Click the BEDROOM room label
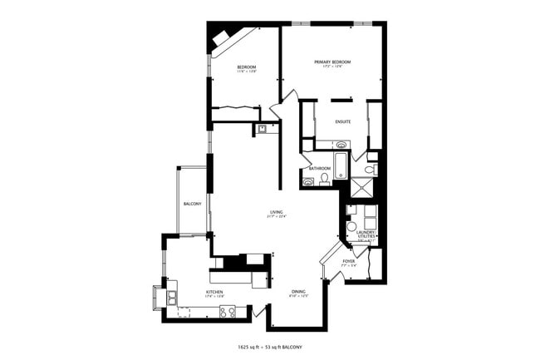(x=246, y=67)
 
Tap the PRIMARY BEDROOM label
(x=332, y=62)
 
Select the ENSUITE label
(x=343, y=121)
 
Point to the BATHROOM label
(x=321, y=169)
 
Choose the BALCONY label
(x=192, y=204)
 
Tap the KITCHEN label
(x=214, y=292)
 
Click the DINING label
(x=298, y=292)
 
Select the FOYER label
(x=348, y=260)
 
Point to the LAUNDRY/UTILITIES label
(x=367, y=234)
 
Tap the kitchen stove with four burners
(x=228, y=312)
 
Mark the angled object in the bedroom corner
(x=223, y=38)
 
